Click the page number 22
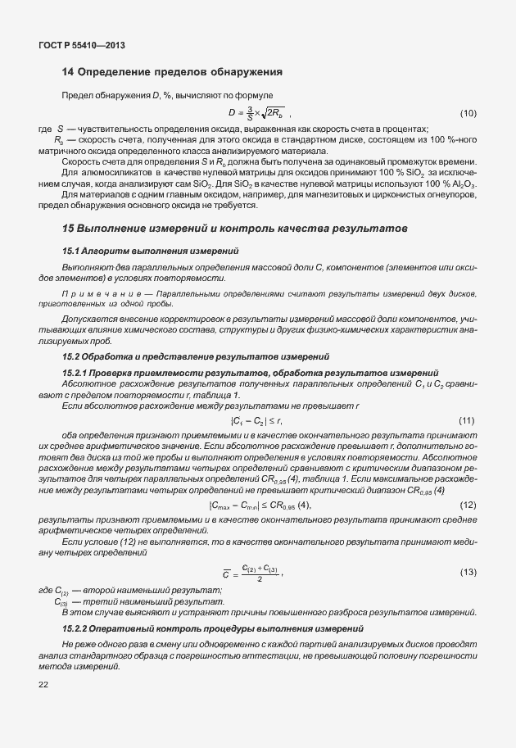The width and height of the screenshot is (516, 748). click(x=43, y=683)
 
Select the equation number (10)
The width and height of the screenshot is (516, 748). click(x=468, y=112)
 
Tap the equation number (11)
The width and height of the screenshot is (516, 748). click(x=468, y=420)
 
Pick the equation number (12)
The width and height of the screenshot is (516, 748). click(x=468, y=505)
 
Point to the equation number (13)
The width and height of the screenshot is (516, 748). click(x=468, y=570)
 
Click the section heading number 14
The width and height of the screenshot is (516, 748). click(x=69, y=72)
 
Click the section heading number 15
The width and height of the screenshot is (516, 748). click(x=69, y=225)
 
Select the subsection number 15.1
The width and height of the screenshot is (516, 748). click(x=72, y=250)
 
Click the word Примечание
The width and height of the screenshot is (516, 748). click(x=93, y=292)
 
